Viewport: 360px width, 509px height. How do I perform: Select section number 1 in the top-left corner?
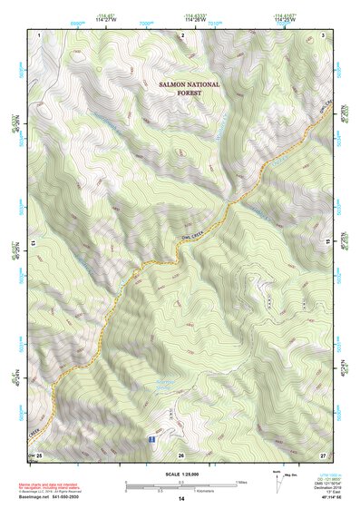pos(41,34)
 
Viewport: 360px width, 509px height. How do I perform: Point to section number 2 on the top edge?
pos(182,34)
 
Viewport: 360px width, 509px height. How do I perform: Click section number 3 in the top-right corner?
pos(323,34)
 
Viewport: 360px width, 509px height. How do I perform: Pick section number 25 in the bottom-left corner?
pos(39,454)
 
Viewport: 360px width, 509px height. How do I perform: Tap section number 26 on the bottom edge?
pos(181,454)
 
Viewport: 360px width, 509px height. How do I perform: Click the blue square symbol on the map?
pos(151,438)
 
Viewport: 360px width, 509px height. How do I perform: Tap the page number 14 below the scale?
pos(180,500)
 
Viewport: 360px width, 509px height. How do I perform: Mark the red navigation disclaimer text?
pos(51,485)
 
